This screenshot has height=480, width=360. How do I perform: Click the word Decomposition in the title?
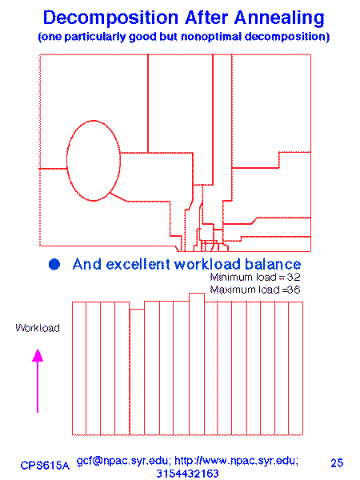pyautogui.click(x=110, y=18)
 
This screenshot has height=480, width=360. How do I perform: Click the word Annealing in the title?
pyautogui.click(x=279, y=18)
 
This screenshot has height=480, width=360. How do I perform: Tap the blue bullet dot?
pyautogui.click(x=54, y=264)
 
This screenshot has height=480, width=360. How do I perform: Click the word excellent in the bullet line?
pyautogui.click(x=138, y=264)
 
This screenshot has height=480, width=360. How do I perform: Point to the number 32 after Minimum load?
pyautogui.click(x=294, y=277)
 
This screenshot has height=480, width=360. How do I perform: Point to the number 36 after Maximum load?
pyautogui.click(x=294, y=290)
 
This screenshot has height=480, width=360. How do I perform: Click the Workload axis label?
pyautogui.click(x=38, y=328)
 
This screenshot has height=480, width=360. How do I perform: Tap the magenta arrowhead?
pyautogui.click(x=38, y=355)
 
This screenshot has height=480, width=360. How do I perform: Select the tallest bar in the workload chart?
pyautogui.click(x=197, y=364)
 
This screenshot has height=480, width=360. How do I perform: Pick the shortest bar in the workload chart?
pyautogui.click(x=137, y=372)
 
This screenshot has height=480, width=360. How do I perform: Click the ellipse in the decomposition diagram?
pyautogui.click(x=67, y=161)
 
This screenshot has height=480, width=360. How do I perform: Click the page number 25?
pyautogui.click(x=337, y=462)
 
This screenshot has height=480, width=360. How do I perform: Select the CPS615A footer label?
pyautogui.click(x=45, y=466)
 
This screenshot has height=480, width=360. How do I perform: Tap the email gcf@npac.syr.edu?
pyautogui.click(x=123, y=461)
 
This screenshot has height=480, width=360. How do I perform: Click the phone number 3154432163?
pyautogui.click(x=188, y=474)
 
